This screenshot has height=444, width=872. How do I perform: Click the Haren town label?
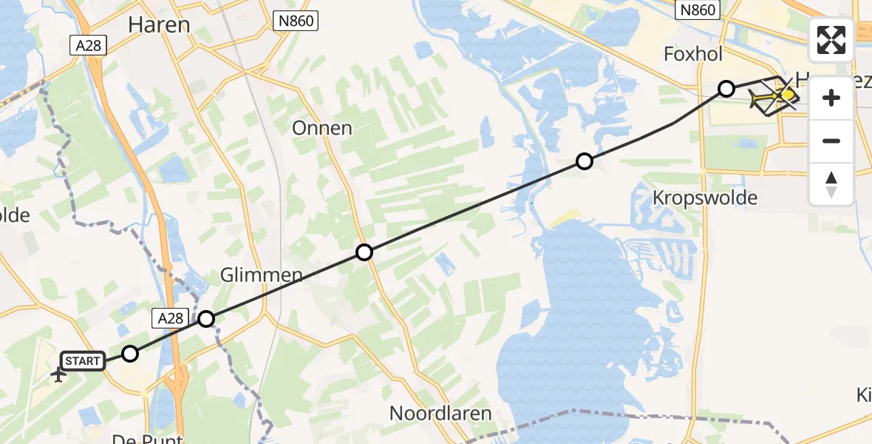coord(159,25)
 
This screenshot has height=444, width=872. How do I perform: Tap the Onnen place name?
coord(322,128)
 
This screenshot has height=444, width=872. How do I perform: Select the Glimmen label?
coord(262,276)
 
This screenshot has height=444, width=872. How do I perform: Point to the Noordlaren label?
coord(441,413)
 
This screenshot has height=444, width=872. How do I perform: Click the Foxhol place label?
coord(693,54)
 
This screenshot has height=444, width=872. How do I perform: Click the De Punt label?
coord(147,439)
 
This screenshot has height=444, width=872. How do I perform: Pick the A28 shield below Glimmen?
coord(168,318)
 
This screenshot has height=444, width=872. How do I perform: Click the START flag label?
coord(82,361)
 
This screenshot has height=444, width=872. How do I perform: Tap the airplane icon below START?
coord(58,374)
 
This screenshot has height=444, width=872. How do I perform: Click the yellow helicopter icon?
coord(774,97)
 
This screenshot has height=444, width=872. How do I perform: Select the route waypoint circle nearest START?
coord(130,354)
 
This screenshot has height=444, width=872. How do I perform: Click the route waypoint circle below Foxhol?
coord(726,89)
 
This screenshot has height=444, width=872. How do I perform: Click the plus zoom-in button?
coord(831,98)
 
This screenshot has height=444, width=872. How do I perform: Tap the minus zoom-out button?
coord(831,141)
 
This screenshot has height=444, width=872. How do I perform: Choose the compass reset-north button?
coord(831,184)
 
